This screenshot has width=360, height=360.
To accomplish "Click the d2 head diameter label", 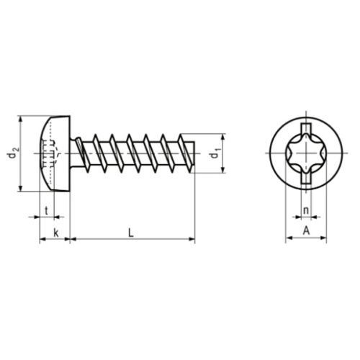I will point(12,153).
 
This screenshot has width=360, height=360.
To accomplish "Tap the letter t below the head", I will point(47,212).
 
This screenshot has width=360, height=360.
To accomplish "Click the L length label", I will point(130,232).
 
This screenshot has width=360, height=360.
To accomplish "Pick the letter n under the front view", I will point(306,211).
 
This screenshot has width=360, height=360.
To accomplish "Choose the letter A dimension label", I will point(307,231).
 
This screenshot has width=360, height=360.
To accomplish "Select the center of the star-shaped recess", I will point(306,153).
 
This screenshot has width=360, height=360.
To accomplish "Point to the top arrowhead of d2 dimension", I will point(22,118).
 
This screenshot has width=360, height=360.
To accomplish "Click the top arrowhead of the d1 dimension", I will point(220,136).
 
